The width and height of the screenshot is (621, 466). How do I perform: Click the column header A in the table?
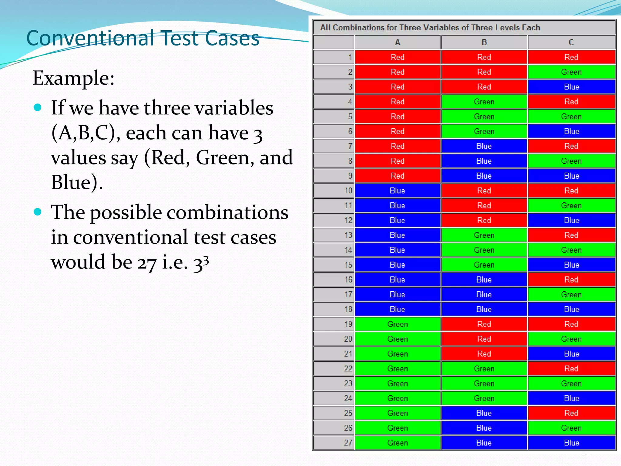point(398,42)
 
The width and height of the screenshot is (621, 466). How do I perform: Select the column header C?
point(571,42)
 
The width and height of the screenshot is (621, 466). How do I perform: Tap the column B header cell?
point(484,42)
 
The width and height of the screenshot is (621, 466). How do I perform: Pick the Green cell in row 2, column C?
point(571,72)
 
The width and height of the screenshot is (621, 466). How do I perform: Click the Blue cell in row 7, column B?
point(484,146)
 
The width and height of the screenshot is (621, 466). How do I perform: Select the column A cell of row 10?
point(397,191)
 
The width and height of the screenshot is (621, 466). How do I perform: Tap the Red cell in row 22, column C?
point(571,369)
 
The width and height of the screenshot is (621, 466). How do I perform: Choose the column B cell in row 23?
point(484,383)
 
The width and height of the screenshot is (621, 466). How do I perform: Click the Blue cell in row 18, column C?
point(571,309)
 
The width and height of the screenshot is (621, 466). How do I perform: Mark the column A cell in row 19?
point(397,324)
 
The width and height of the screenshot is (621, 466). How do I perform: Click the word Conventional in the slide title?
point(90,39)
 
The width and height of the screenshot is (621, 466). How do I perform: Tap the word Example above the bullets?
point(73,78)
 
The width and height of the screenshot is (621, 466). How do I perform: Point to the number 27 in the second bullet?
point(147,262)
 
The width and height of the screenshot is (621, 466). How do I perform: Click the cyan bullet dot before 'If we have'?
point(38,107)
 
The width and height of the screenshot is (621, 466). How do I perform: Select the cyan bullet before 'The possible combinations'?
point(38,212)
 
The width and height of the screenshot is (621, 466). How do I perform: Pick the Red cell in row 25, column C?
point(571,413)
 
